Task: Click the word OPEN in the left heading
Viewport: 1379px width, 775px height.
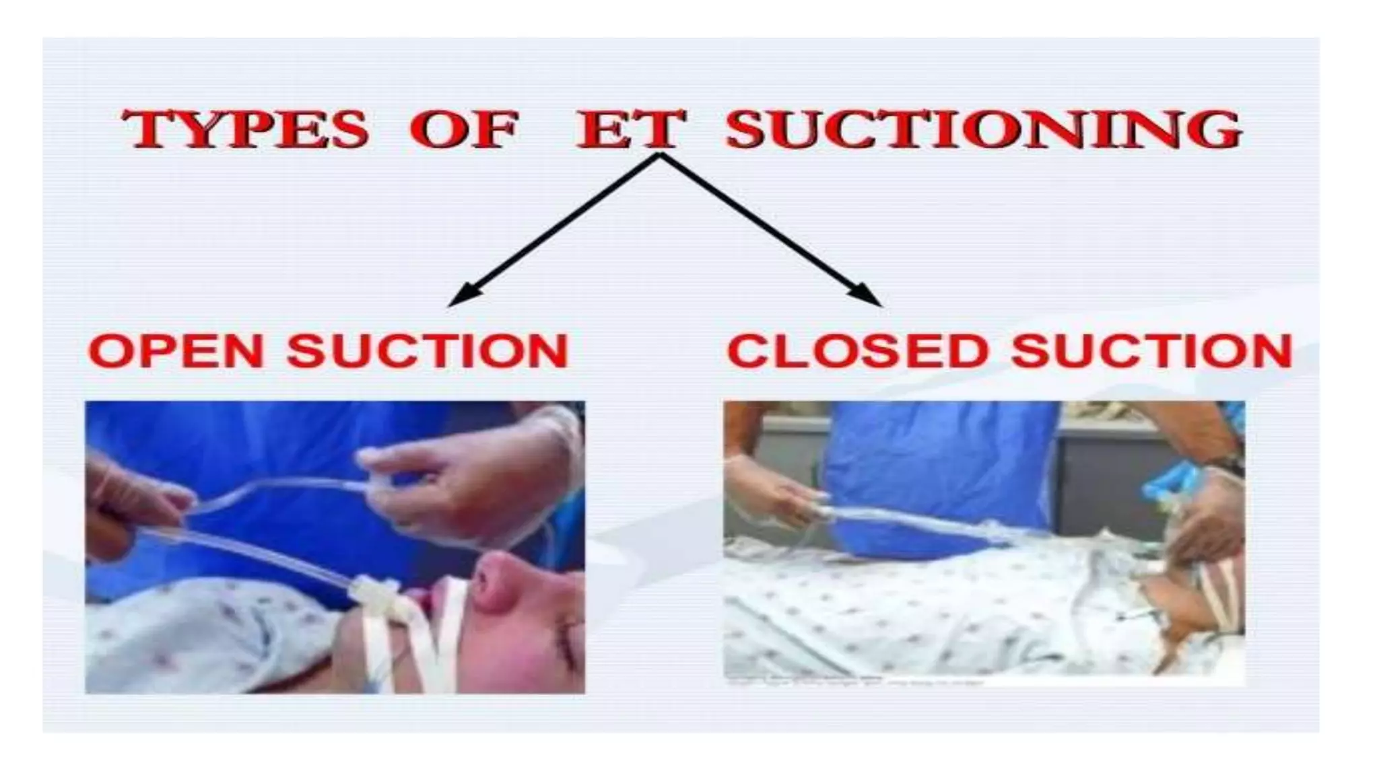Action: tap(176, 350)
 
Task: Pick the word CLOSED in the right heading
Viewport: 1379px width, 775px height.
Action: tap(858, 350)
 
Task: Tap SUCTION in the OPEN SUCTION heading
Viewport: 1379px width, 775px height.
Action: tap(428, 350)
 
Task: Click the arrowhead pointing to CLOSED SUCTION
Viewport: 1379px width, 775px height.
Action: tap(867, 296)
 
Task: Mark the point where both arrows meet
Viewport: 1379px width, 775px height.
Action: tap(659, 155)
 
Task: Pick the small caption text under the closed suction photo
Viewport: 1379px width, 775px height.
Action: tap(855, 681)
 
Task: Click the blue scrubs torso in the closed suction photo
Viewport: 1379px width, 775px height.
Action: tap(943, 471)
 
